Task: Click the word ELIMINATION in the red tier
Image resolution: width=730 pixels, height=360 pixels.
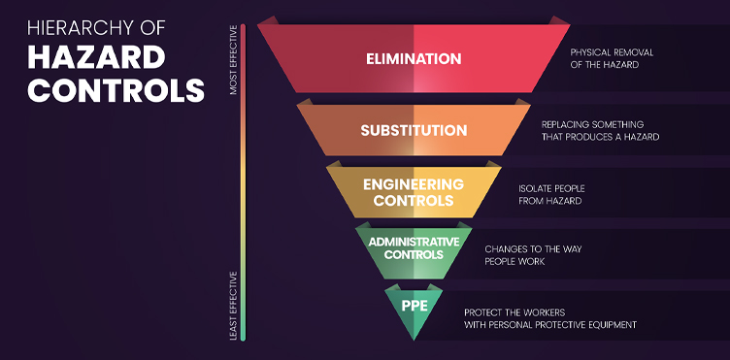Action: coord(414,59)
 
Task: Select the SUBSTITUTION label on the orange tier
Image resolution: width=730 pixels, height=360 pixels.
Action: coord(414,130)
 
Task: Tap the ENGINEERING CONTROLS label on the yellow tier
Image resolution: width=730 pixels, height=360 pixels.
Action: coord(414,192)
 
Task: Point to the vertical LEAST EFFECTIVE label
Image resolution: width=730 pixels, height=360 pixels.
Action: coord(233,305)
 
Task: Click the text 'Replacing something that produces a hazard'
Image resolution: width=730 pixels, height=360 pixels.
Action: coord(600,130)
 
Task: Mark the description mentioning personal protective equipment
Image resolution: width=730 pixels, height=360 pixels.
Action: coord(549,317)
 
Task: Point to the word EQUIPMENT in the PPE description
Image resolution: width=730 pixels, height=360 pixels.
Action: coord(615,324)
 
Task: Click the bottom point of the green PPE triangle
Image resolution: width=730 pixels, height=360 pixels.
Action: coord(414,341)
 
